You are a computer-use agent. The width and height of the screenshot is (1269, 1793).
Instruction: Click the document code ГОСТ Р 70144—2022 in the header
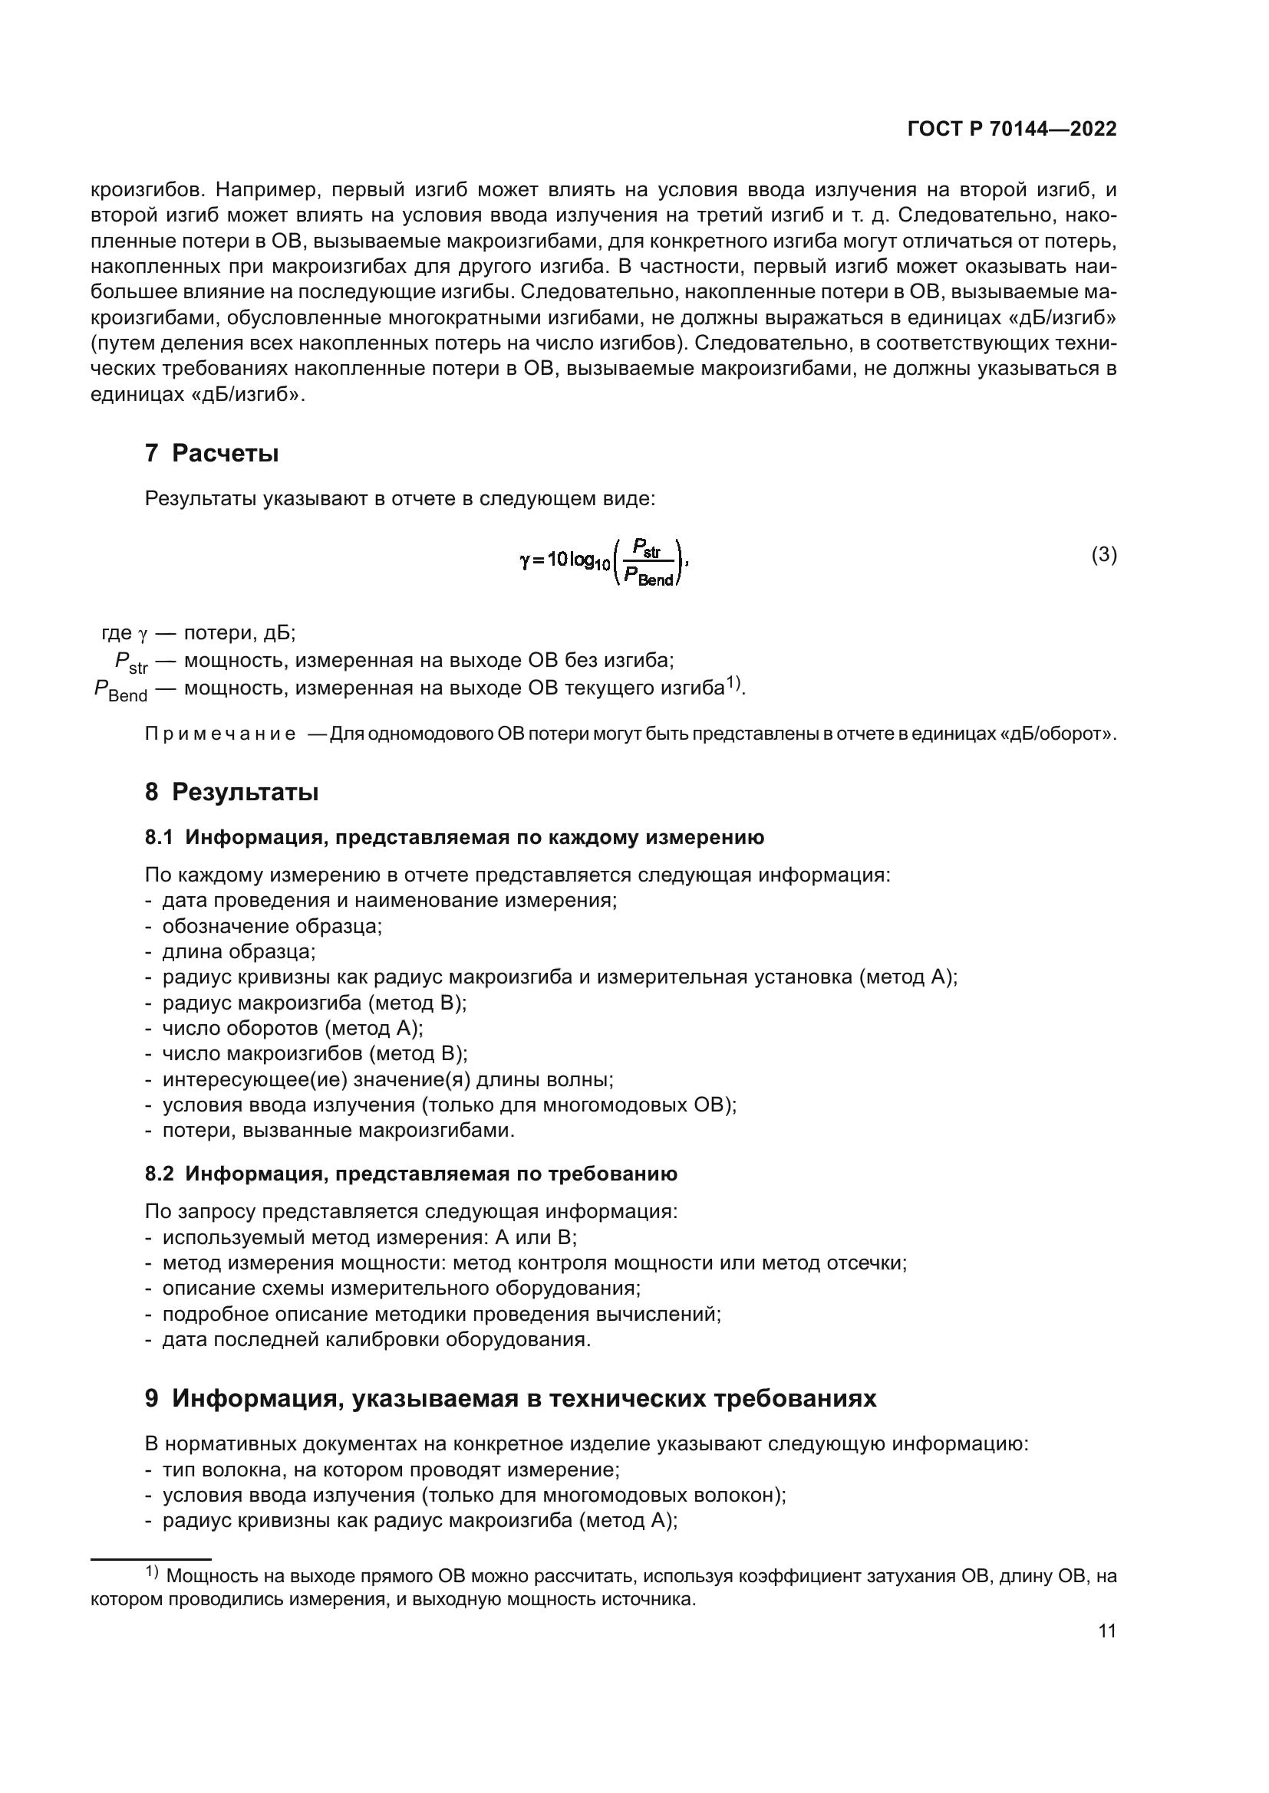[1012, 130]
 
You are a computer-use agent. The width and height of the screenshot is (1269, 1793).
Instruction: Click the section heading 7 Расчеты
[211, 453]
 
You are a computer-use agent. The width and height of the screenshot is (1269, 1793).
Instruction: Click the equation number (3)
[1103, 555]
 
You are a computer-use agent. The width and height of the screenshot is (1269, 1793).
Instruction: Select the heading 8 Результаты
[231, 792]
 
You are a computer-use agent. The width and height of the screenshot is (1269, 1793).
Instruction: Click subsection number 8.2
[159, 1174]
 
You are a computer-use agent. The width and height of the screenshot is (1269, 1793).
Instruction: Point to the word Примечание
[220, 735]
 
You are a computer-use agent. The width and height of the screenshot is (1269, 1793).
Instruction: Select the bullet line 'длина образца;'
[239, 952]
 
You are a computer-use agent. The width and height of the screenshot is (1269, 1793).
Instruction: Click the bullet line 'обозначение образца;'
[272, 926]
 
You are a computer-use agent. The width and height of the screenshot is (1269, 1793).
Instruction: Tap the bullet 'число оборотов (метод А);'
[292, 1029]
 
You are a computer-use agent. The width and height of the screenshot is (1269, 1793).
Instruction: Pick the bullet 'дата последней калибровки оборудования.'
[376, 1339]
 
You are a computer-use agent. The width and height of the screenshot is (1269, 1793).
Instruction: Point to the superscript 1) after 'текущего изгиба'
[733, 683]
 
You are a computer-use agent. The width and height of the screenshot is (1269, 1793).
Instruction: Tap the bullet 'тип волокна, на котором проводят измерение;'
[391, 1470]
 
